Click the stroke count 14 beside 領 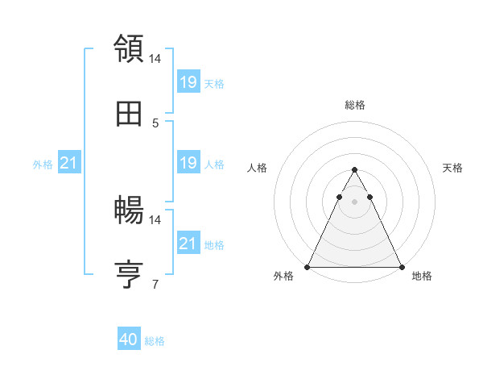155,58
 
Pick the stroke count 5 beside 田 155,123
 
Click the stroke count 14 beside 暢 155,219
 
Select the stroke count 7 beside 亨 155,285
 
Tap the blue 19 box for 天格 188,81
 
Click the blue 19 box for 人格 188,163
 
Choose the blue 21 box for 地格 188,243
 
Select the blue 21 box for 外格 68,163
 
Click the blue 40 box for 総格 129,339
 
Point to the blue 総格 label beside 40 155,341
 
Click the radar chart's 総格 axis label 354,105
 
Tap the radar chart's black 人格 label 258,168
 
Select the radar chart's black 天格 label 452,168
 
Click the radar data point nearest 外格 308,267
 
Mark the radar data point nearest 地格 401,267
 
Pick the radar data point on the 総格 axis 354,170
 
